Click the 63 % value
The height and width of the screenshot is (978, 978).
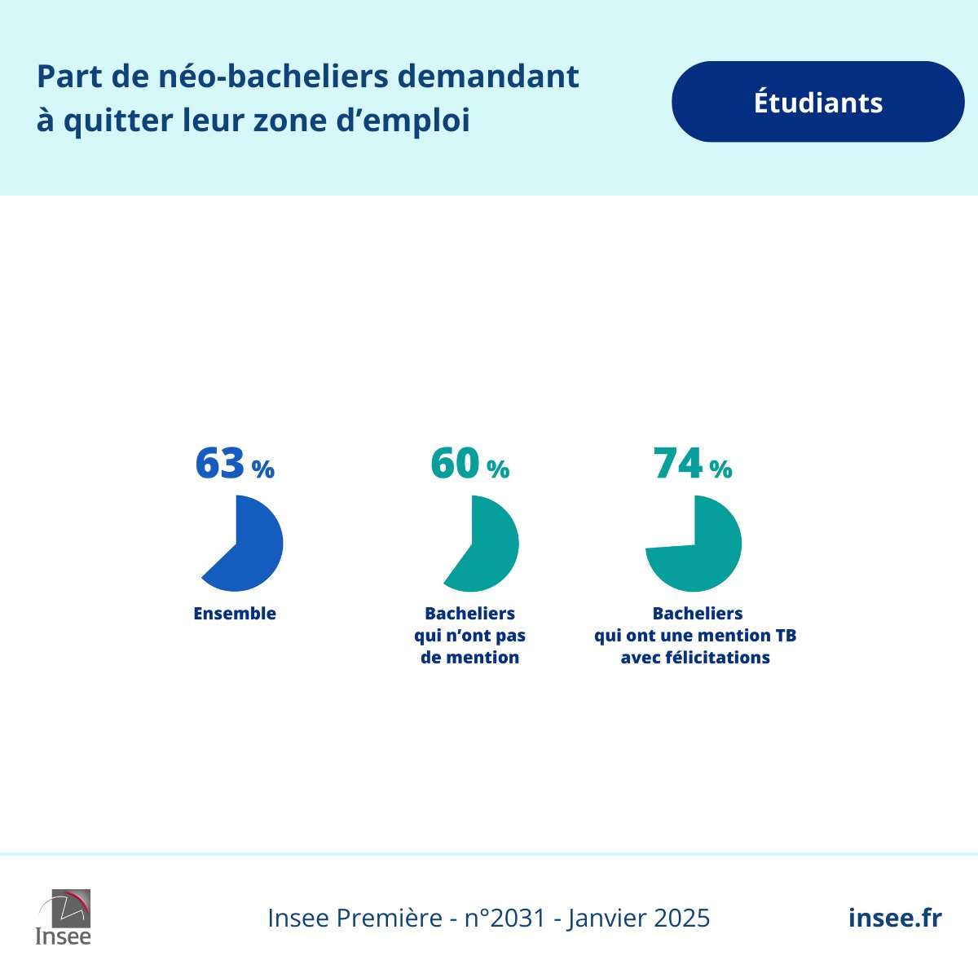[x=234, y=465]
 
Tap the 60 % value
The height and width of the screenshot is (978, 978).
[x=469, y=465]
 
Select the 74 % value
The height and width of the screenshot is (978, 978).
[x=693, y=465]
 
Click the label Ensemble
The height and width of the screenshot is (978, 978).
[x=235, y=614]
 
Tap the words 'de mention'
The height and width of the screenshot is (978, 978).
[x=469, y=658]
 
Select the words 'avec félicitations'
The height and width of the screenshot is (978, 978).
[x=695, y=658]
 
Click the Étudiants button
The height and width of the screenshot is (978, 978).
[x=817, y=102]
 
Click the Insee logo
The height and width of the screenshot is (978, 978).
[x=64, y=917]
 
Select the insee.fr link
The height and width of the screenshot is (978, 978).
[x=895, y=918]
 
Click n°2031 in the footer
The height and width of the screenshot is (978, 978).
[x=504, y=919]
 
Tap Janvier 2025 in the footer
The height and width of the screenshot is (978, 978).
[x=639, y=919]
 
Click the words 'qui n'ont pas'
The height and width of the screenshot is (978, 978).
[x=469, y=636]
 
